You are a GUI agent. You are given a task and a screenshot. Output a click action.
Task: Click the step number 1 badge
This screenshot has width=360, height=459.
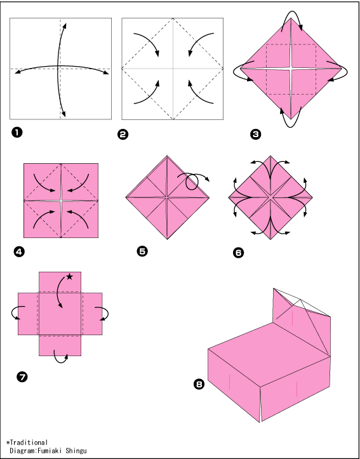17,133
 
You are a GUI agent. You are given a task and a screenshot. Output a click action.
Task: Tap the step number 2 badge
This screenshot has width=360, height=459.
123,135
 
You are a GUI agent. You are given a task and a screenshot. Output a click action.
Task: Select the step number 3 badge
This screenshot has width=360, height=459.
255,135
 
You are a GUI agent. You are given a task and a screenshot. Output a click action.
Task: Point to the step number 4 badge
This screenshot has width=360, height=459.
19,252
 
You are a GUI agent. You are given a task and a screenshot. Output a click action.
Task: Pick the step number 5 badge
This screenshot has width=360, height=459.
142,251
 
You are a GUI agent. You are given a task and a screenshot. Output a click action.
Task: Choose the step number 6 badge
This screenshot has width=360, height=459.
238,252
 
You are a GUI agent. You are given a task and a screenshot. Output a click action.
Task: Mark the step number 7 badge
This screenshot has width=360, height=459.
22,377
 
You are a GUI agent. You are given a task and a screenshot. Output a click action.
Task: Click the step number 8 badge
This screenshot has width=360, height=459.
199,384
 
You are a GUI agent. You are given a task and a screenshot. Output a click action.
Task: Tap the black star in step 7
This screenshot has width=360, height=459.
69,276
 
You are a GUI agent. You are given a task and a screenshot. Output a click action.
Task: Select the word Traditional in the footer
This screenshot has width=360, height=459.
29,442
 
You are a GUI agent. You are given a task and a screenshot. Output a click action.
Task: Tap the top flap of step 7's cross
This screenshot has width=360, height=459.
60,282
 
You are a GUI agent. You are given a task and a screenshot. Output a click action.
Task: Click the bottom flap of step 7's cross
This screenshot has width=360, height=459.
60,346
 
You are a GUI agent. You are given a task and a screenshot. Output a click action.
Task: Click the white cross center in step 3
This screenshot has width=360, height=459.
291,69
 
